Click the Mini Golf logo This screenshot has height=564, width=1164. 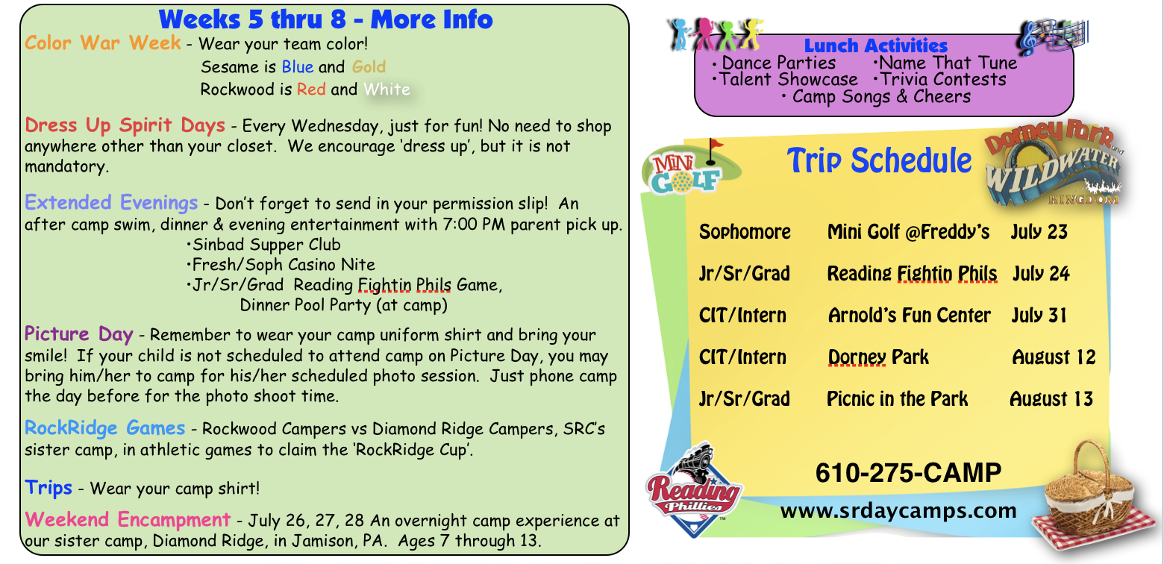pyautogui.click(x=691, y=167)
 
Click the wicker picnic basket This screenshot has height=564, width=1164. pyautogui.click(x=1090, y=498)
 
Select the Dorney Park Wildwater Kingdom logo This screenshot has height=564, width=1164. pyautogui.click(x=1055, y=163)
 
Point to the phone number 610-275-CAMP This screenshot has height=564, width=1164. pyautogui.click(x=908, y=472)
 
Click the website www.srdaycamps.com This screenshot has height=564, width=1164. pyautogui.click(x=898, y=511)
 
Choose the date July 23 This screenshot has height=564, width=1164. pyautogui.click(x=1039, y=231)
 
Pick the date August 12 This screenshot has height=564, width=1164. pyautogui.click(x=1054, y=357)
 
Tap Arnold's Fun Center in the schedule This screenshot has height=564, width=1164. pyautogui.click(x=910, y=316)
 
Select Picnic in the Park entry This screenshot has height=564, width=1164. pyautogui.click(x=898, y=399)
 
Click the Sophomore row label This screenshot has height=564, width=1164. pyautogui.click(x=745, y=231)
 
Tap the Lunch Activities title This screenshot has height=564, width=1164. pyautogui.click(x=875, y=46)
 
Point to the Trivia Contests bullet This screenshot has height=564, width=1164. pyautogui.click(x=940, y=80)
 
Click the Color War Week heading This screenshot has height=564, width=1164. pyautogui.click(x=103, y=43)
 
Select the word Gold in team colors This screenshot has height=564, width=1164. pyautogui.click(x=369, y=67)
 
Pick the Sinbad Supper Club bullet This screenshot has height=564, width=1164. pyautogui.click(x=263, y=245)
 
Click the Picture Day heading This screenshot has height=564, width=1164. pyautogui.click(x=78, y=334)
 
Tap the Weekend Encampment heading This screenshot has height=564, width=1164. pyautogui.click(x=128, y=519)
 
